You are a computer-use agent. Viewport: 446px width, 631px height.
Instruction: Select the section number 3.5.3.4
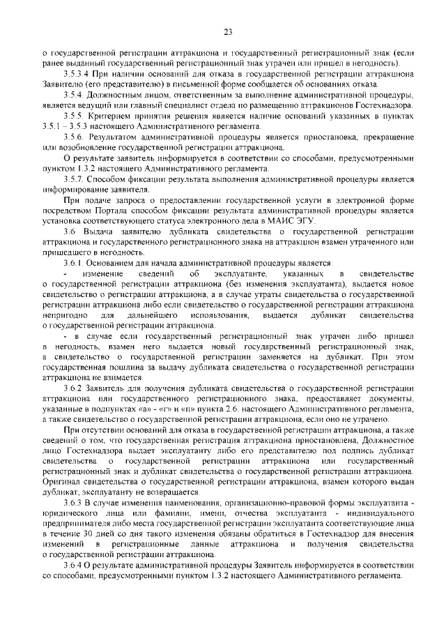tap(75, 73)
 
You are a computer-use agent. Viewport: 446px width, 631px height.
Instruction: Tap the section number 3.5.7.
tap(72, 179)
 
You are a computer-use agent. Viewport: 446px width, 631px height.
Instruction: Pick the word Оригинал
tap(61, 481)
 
